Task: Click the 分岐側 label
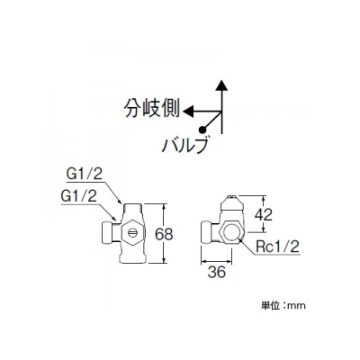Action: (x=152, y=108)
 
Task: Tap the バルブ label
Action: (x=184, y=146)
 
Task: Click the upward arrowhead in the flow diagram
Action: (x=221, y=85)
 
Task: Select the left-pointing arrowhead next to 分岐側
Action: (x=188, y=112)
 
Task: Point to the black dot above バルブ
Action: (x=202, y=130)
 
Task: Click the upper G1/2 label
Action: (x=84, y=174)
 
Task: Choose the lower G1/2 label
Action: (x=78, y=196)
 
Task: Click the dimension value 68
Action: (x=164, y=234)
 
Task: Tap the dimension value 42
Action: (x=264, y=214)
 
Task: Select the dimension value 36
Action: (x=216, y=272)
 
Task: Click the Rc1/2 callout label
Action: (x=278, y=247)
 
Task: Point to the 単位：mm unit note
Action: (x=283, y=305)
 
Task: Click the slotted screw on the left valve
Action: (x=132, y=232)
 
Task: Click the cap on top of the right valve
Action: (x=232, y=203)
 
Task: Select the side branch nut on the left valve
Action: (x=108, y=233)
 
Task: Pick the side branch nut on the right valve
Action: (x=208, y=233)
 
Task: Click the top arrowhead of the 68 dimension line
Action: (x=164, y=207)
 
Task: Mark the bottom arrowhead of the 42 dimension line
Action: (x=264, y=229)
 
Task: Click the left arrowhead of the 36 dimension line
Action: (x=204, y=260)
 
